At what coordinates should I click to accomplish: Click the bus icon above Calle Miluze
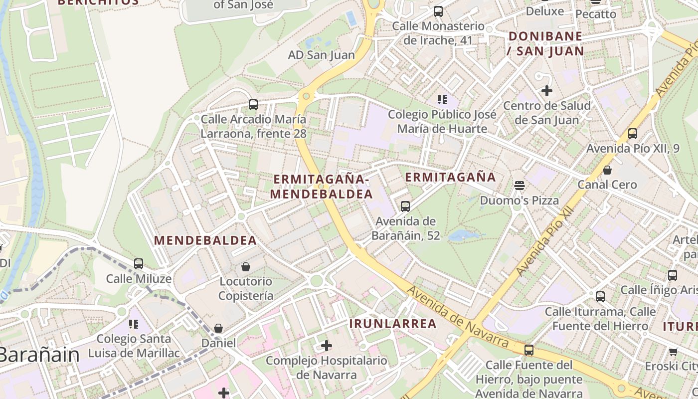[139, 263]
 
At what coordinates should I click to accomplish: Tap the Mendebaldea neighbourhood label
[205, 240]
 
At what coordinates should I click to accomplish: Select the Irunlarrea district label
[393, 324]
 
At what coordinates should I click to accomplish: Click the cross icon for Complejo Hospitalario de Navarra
[327, 345]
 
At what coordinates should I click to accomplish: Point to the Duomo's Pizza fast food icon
[520, 186]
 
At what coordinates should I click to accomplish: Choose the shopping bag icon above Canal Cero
[607, 170]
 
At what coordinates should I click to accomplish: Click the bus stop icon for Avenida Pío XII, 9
[633, 133]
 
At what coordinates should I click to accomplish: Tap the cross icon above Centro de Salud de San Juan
[547, 91]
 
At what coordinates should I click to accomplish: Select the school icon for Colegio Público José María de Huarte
[442, 100]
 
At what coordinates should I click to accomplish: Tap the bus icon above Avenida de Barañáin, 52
[405, 206]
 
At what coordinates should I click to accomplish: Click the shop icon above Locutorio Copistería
[246, 267]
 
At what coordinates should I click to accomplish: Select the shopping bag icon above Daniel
[218, 328]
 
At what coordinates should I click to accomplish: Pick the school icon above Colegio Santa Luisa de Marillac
[134, 324]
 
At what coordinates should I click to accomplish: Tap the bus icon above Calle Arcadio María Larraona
[253, 105]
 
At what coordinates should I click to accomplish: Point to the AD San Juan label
[322, 55]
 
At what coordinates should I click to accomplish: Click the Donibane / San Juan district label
[545, 43]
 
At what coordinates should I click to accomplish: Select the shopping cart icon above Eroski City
[674, 352]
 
